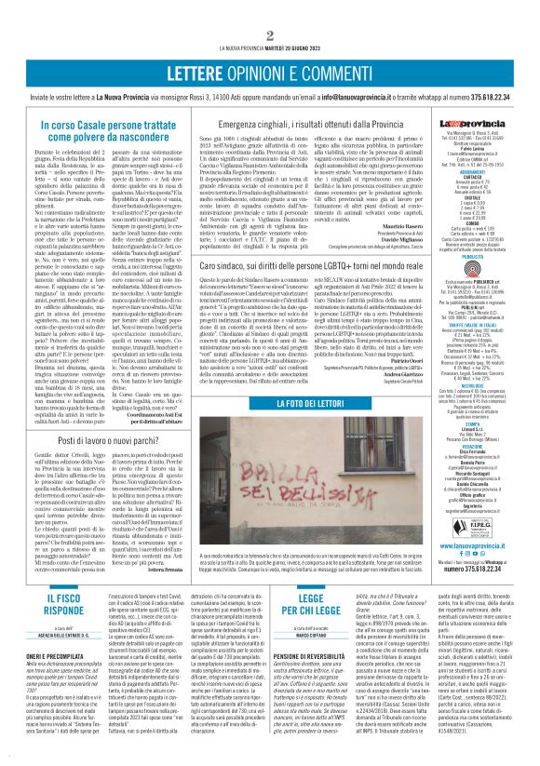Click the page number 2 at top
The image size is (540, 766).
(269, 10)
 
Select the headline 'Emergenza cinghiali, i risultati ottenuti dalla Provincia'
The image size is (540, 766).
(325, 122)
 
